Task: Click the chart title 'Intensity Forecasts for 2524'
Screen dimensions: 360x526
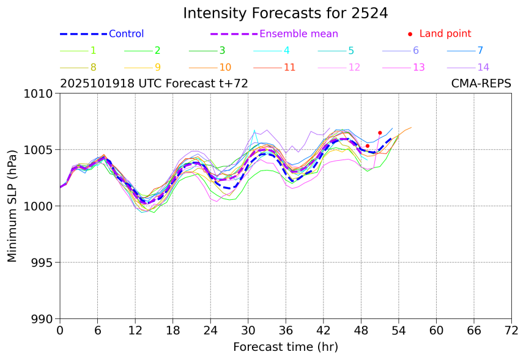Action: coord(285,13)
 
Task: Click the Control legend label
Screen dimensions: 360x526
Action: coord(126,34)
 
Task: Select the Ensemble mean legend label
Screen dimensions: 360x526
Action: coord(298,34)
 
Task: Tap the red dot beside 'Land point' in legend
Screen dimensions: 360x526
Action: coord(410,34)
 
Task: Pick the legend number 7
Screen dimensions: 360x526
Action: coord(480,51)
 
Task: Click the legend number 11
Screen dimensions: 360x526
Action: coord(290,67)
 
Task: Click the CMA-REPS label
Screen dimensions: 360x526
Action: coord(481,84)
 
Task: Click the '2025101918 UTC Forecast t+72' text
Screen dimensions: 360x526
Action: coord(154,84)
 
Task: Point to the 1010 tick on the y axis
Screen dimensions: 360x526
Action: coord(41,94)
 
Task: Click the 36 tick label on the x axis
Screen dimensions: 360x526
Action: coord(286,331)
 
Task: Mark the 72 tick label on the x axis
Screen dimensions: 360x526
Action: coord(511,331)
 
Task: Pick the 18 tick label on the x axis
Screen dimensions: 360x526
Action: coord(173,331)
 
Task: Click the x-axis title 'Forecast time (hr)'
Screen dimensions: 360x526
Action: coord(285,347)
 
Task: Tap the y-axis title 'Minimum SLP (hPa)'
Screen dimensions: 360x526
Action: coord(12,206)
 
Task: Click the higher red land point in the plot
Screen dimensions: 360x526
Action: coord(380,133)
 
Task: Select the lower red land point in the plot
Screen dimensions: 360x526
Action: coord(368,146)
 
